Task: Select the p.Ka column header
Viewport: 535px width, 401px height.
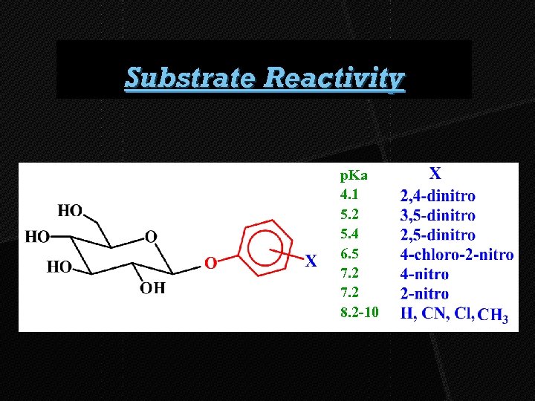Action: point(354,176)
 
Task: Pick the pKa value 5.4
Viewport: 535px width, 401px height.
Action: point(349,235)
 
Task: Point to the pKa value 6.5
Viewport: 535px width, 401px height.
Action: point(349,254)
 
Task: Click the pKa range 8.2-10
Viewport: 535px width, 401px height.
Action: point(359,312)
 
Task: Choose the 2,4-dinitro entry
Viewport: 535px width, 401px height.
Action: point(438,197)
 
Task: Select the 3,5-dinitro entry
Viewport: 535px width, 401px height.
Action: point(438,216)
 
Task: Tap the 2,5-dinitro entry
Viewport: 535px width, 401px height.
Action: point(438,235)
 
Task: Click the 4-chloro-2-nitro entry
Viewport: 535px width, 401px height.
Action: point(456,255)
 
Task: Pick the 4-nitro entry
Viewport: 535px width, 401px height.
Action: point(424,274)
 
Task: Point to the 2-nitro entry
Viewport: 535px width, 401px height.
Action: point(424,293)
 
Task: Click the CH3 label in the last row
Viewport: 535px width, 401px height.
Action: point(493,316)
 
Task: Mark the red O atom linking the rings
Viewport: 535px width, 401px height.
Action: point(210,263)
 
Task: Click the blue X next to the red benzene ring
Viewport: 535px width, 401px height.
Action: point(311,261)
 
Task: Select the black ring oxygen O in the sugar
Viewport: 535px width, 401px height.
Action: point(151,237)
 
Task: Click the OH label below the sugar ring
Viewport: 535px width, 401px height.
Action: point(153,288)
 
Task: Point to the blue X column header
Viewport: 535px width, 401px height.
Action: point(435,175)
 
